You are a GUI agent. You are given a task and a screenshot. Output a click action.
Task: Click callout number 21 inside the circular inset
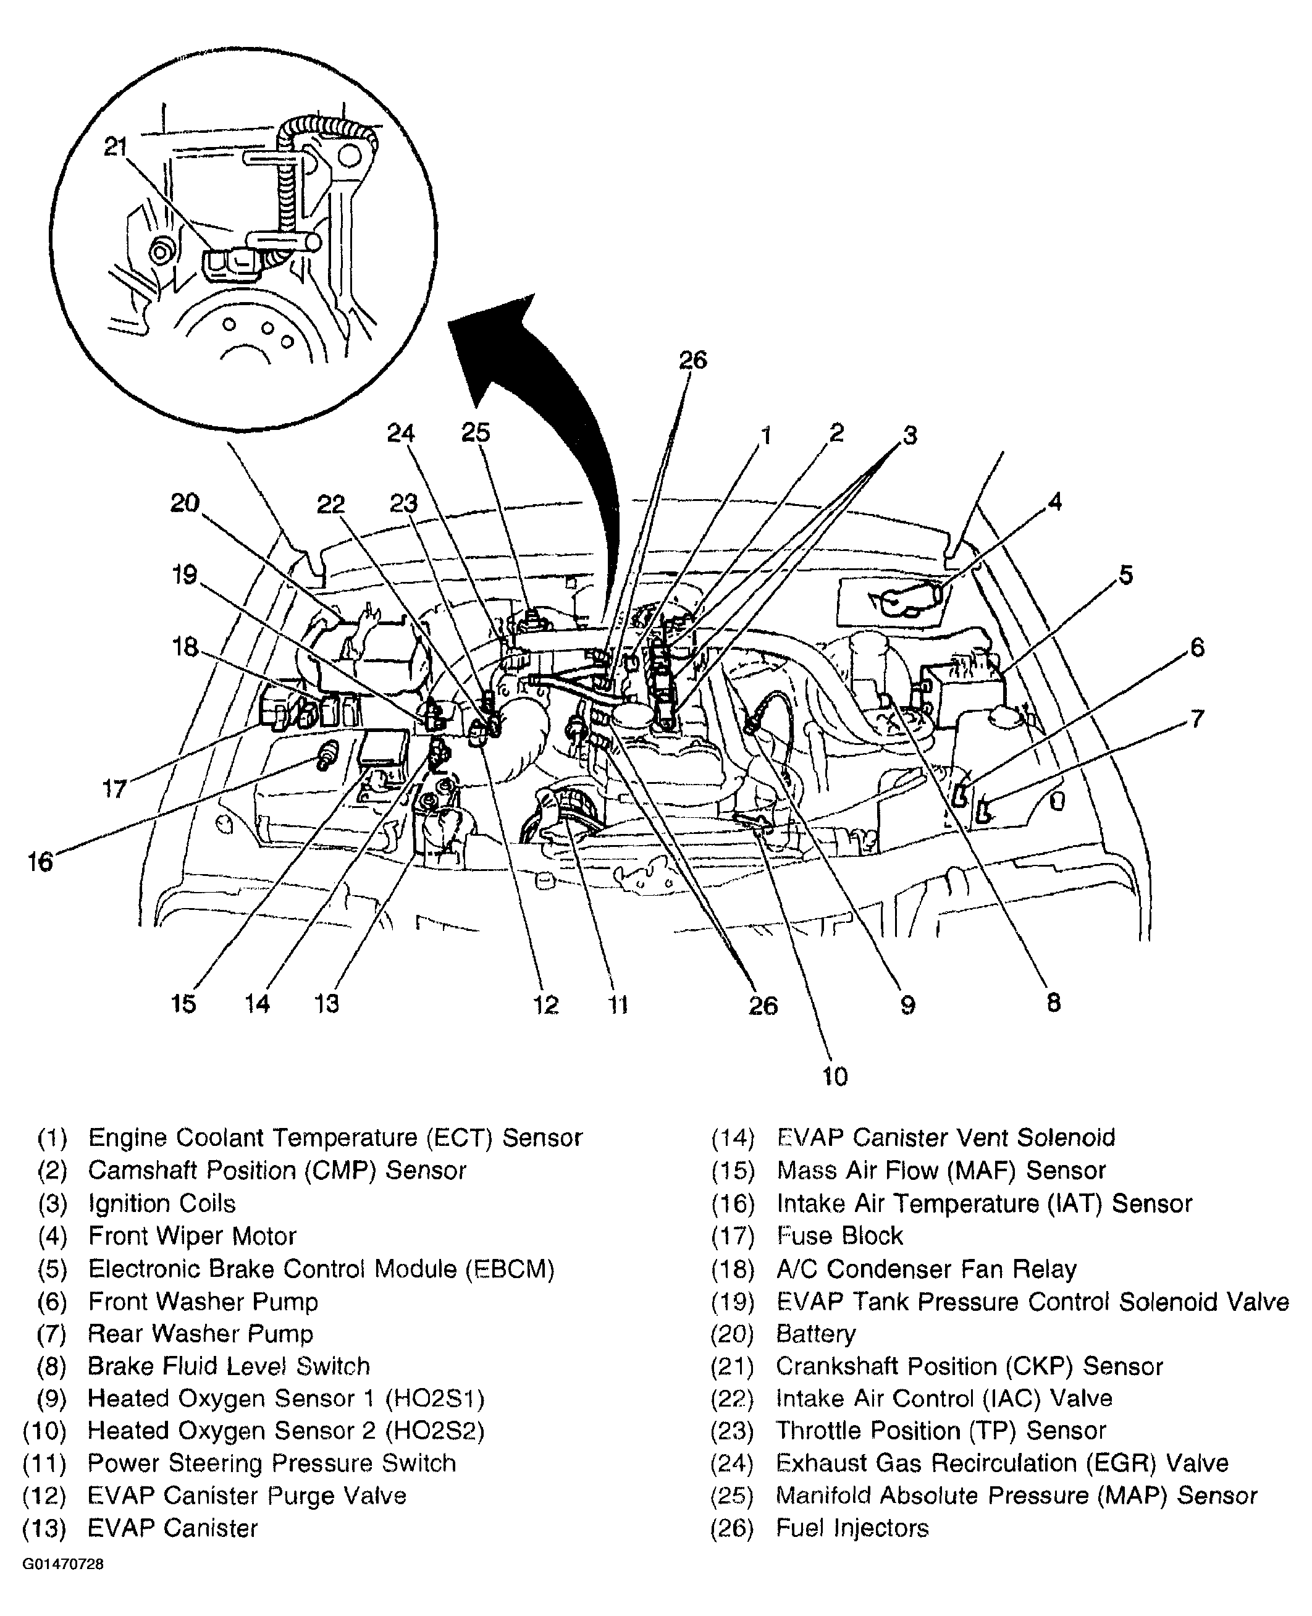click(116, 146)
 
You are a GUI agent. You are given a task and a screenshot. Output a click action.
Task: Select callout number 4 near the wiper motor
click(1055, 502)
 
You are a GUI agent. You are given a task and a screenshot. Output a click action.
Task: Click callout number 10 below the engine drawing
click(835, 1076)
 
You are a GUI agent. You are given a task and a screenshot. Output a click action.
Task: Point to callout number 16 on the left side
click(40, 861)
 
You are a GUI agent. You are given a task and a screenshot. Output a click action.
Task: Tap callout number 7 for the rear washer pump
click(1196, 718)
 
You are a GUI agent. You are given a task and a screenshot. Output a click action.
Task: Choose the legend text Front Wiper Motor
click(192, 1237)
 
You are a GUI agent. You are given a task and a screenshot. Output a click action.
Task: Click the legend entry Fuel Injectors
click(852, 1528)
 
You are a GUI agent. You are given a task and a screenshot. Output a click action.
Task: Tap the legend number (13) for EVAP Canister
click(44, 1528)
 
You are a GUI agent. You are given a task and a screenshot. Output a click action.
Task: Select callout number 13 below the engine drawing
click(327, 1004)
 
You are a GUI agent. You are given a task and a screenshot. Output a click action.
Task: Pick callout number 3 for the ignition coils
click(910, 436)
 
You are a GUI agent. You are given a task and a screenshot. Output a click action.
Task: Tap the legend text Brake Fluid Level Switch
click(229, 1366)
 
